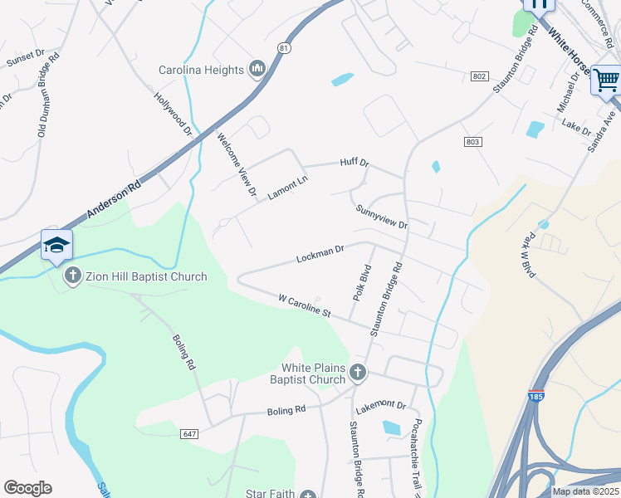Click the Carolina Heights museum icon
(257, 70)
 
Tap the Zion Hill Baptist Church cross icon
(72, 276)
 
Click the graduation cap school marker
(56, 245)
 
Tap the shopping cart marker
(606, 81)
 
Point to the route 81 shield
(285, 49)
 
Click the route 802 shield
(478, 76)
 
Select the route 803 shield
(472, 142)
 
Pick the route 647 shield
(189, 433)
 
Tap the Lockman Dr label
(320, 254)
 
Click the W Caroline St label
(305, 305)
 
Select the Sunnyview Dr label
(381, 218)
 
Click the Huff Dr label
(354, 164)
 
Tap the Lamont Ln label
(287, 188)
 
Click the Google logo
(27, 488)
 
